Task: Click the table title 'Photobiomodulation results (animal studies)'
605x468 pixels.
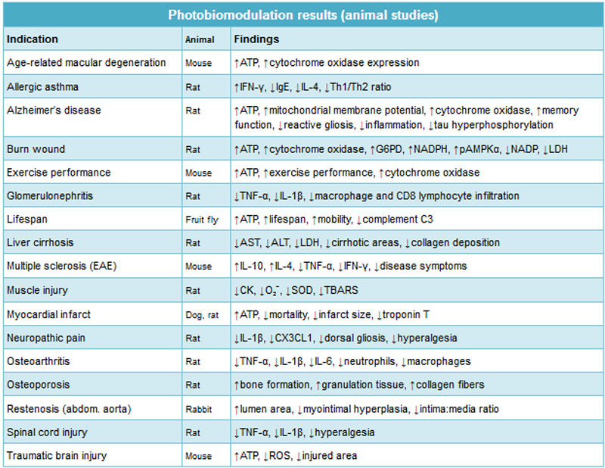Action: click(303, 15)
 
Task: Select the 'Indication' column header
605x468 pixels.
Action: click(33, 39)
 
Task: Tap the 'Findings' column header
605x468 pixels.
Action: click(256, 39)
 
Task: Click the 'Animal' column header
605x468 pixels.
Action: click(200, 39)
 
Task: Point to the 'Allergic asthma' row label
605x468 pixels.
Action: click(42, 86)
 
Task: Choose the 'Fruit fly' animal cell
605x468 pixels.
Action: click(202, 220)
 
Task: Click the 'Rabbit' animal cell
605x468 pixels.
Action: click(199, 409)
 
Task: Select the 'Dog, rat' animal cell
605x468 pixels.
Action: click(202, 315)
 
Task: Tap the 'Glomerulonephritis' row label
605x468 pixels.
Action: click(50, 196)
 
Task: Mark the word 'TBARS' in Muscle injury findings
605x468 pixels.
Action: click(341, 290)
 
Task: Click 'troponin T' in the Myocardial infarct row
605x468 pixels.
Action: click(406, 314)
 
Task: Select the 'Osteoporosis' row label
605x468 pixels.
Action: click(39, 385)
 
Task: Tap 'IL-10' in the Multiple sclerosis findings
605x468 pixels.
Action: click(252, 266)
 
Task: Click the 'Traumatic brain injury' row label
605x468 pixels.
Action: click(57, 456)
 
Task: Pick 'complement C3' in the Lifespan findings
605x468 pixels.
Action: click(398, 220)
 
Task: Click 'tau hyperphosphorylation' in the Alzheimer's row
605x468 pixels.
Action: click(494, 125)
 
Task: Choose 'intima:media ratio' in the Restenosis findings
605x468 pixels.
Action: click(459, 409)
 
